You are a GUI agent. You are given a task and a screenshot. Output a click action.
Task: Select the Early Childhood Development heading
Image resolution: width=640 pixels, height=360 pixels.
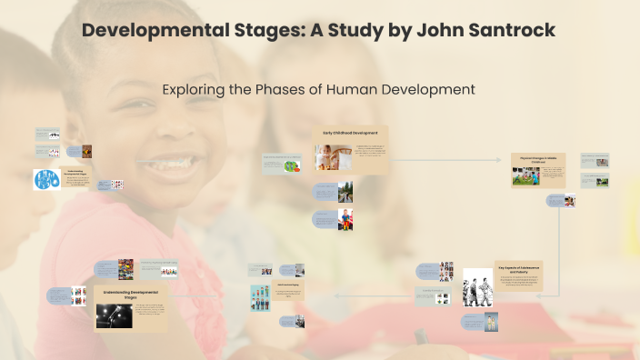pyautogui.click(x=352, y=134)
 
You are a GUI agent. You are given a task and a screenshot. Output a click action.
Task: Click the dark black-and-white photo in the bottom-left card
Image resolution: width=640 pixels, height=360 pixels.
pyautogui.click(x=114, y=315)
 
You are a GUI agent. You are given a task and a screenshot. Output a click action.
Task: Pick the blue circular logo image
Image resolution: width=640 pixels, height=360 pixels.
pyautogui.click(x=46, y=179)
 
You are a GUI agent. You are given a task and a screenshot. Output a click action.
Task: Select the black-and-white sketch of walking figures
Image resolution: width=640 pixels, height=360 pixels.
pyautogui.click(x=477, y=287)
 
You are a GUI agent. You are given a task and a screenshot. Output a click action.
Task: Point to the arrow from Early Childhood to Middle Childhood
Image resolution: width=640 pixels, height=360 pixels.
pyautogui.click(x=445, y=160)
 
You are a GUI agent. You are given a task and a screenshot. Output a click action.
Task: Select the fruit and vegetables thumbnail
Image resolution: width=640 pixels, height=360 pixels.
pyautogui.click(x=291, y=166)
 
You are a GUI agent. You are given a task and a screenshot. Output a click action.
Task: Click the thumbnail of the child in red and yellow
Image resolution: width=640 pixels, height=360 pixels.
pyautogui.click(x=345, y=220)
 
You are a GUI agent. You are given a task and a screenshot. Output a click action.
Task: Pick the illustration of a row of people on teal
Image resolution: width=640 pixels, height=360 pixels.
pyautogui.click(x=262, y=297)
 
